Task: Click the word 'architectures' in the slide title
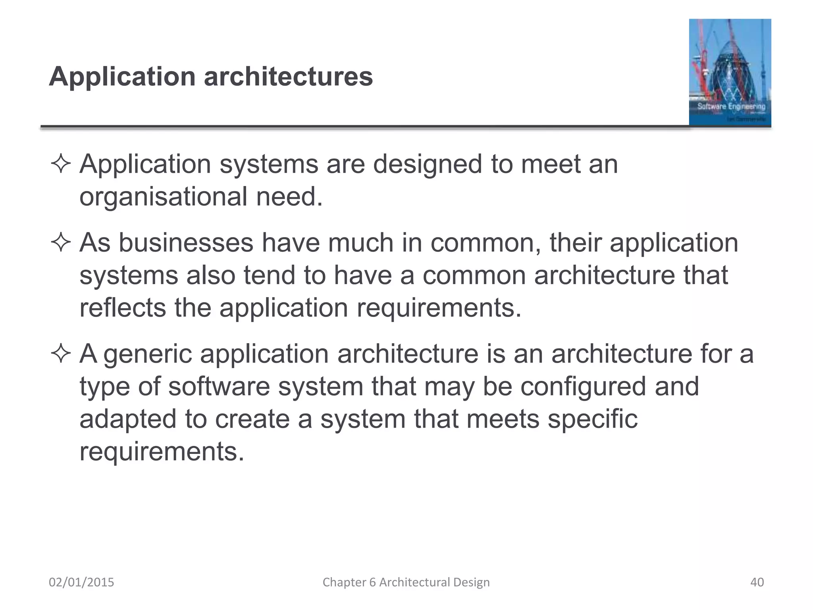(288, 76)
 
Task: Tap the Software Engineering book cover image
(730, 72)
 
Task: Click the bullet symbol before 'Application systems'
(61, 164)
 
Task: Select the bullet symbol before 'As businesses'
(61, 243)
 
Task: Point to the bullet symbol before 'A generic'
(61, 353)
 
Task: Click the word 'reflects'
(123, 308)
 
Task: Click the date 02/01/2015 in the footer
(81, 582)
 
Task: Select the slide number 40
(757, 582)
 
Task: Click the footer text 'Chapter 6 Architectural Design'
(406, 582)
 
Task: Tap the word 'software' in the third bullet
(219, 387)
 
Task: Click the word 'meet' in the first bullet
(550, 164)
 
